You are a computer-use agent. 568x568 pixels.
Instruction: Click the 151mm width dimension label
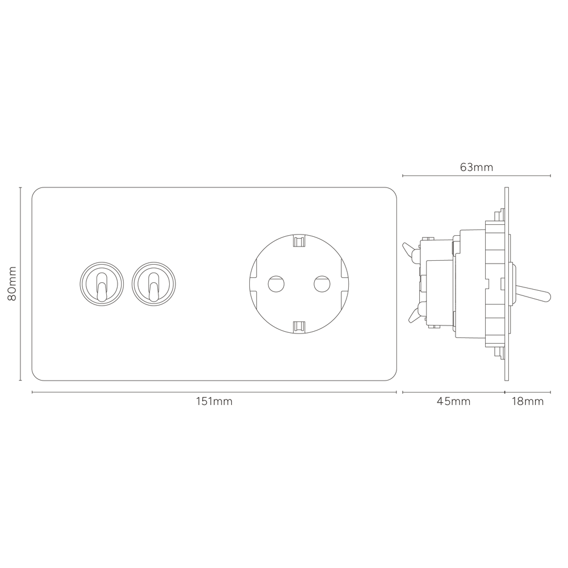pyautogui.click(x=214, y=402)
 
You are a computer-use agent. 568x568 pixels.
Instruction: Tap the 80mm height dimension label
pyautogui.click(x=12, y=283)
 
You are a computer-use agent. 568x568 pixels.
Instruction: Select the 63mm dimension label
pyautogui.click(x=477, y=168)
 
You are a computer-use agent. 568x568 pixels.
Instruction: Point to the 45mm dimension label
pyautogui.click(x=453, y=402)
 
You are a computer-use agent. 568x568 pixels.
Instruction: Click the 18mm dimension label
pyautogui.click(x=528, y=402)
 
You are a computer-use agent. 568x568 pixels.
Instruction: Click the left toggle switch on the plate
pyautogui.click(x=102, y=284)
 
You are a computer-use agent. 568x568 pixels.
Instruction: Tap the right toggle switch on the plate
pyautogui.click(x=154, y=284)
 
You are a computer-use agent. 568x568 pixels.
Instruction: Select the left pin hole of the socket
pyautogui.click(x=276, y=284)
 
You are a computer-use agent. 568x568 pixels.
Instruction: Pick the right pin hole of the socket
pyautogui.click(x=322, y=284)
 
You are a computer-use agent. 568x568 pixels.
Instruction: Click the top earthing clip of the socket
pyautogui.click(x=299, y=240)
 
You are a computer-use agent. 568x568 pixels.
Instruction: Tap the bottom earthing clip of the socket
pyautogui.click(x=299, y=327)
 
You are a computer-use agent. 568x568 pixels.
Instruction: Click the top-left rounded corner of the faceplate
pyautogui.click(x=35, y=190)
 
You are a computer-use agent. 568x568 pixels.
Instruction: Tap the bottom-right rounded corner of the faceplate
pyautogui.click(x=394, y=377)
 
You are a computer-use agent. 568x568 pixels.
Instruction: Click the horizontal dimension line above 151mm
pyautogui.click(x=214, y=392)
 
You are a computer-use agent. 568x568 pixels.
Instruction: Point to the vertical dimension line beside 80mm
pyautogui.click(x=20, y=283)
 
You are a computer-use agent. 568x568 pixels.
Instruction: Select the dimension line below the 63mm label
pyautogui.click(x=477, y=176)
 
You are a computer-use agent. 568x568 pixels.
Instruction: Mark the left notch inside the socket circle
pyautogui.click(x=253, y=284)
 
